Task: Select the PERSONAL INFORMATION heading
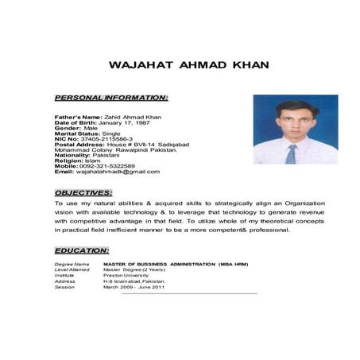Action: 111,98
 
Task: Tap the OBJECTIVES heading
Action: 83,192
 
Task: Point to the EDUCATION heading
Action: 82,250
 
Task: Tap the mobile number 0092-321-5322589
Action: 106,165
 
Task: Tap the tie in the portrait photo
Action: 291,153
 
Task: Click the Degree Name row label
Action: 70,263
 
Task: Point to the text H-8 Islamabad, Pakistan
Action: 134,281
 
